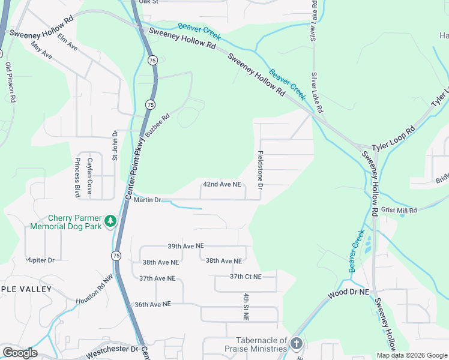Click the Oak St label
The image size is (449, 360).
tap(148, 2)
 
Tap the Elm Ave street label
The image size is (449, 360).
tap(68, 41)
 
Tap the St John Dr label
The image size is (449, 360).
tap(115, 145)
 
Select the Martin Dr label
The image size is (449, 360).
tap(148, 200)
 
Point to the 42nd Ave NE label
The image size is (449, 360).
tap(221, 185)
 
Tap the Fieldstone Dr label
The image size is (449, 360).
tap(261, 170)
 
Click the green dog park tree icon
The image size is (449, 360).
tap(110, 221)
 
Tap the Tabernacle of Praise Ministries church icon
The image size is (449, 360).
tap(296, 344)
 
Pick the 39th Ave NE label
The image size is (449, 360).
tap(186, 246)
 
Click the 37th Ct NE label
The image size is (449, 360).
tap(246, 277)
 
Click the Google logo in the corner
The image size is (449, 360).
tap(20, 353)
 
